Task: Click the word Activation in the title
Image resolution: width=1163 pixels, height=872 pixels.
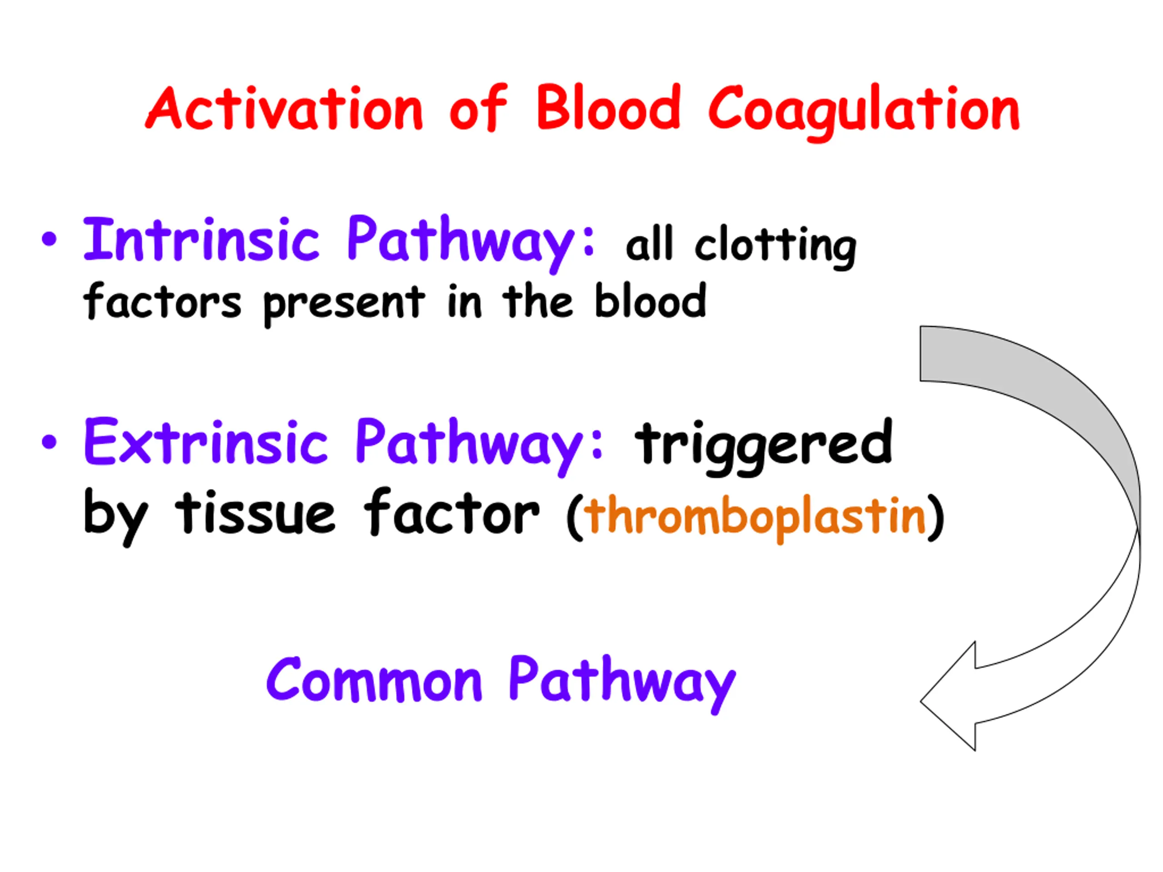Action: (284, 108)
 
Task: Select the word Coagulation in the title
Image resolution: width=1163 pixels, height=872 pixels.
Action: (864, 113)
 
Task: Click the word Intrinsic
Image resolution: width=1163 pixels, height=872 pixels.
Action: (201, 240)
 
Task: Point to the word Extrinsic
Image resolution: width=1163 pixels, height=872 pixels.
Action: (206, 441)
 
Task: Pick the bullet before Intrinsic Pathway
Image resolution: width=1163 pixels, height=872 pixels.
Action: (49, 240)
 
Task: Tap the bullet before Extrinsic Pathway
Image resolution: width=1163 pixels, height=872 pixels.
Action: (49, 442)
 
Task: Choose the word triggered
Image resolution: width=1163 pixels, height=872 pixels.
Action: (763, 447)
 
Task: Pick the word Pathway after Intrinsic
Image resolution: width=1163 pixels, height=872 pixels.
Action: (471, 243)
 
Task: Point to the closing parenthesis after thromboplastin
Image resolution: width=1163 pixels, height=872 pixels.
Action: (935, 518)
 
